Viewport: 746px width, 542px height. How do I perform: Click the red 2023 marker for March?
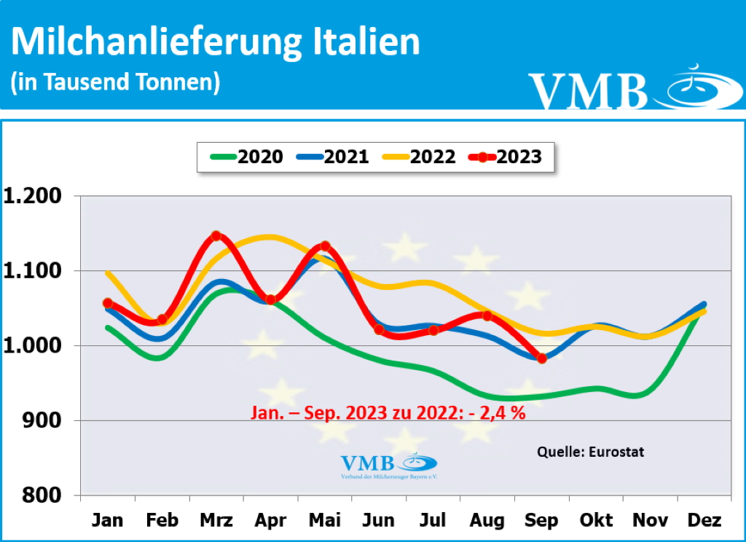[216, 236]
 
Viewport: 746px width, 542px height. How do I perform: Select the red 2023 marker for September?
[541, 358]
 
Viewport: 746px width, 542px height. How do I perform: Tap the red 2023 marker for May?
[324, 246]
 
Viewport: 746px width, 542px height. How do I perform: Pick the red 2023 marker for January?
[108, 303]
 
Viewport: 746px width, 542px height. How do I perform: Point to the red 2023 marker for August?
[487, 315]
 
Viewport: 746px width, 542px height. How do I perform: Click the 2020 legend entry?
[245, 157]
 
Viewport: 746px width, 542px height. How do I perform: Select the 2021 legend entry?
[332, 157]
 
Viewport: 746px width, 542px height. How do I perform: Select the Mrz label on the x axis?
[216, 520]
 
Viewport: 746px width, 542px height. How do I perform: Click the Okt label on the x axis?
[596, 520]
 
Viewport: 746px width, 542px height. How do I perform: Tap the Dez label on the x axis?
[704, 520]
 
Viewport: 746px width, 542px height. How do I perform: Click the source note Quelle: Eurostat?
[590, 452]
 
